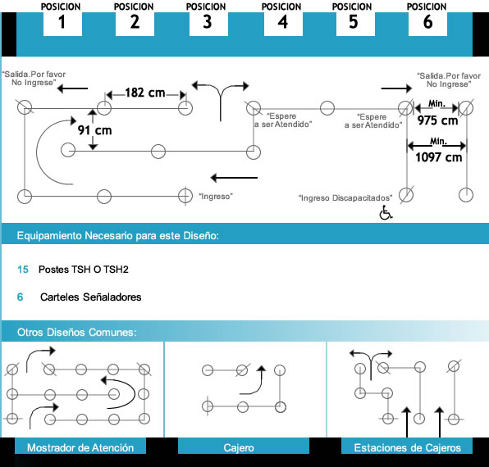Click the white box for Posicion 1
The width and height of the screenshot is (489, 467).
pos(62,24)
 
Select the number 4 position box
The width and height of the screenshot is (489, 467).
pos(283,24)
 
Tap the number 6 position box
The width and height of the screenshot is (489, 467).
pos(427,24)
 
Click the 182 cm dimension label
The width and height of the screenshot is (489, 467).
pos(145,93)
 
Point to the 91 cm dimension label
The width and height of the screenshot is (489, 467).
pos(95,130)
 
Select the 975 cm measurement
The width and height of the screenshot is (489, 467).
pos(437,120)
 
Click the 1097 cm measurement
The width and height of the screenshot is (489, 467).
pos(438,157)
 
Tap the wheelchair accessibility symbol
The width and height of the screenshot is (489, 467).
pos(386,212)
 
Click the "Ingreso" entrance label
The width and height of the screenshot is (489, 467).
pos(216,197)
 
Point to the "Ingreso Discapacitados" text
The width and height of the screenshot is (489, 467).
pos(345,198)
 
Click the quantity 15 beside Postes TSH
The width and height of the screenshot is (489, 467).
pos(23,270)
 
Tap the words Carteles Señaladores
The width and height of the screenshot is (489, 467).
pos(91,297)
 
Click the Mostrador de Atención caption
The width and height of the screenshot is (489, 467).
pos(80,447)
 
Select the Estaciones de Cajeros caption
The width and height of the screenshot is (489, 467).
pos(407,447)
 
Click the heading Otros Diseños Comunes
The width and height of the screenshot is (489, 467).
pos(77,332)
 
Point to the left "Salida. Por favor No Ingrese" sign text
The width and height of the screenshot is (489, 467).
pos(34,79)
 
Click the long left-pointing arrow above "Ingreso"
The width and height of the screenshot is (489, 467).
pos(234,178)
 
